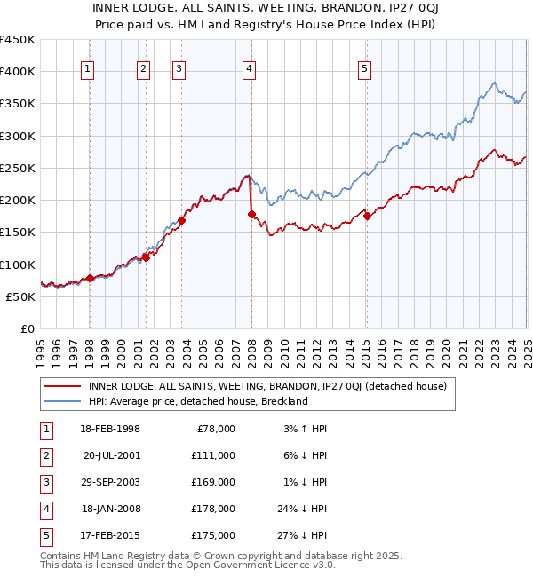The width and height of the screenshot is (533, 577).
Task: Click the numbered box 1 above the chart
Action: click(89, 72)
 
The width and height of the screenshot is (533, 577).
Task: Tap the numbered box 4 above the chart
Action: click(250, 72)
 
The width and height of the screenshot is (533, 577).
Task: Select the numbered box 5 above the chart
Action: click(366, 72)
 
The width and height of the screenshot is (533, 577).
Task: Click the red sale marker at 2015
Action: click(367, 216)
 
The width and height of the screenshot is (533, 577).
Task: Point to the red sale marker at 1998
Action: click(90, 279)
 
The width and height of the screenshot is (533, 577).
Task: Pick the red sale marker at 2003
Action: click(181, 220)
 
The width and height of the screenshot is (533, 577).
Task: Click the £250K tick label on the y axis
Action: click(18, 168)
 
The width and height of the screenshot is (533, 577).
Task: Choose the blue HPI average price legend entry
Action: click(197, 401)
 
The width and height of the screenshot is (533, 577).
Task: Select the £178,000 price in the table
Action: click(213, 509)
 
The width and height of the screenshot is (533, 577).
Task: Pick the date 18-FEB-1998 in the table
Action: click(110, 429)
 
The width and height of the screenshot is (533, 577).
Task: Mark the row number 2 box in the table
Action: click(45, 455)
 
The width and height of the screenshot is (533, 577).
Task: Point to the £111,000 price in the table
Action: click(213, 455)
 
